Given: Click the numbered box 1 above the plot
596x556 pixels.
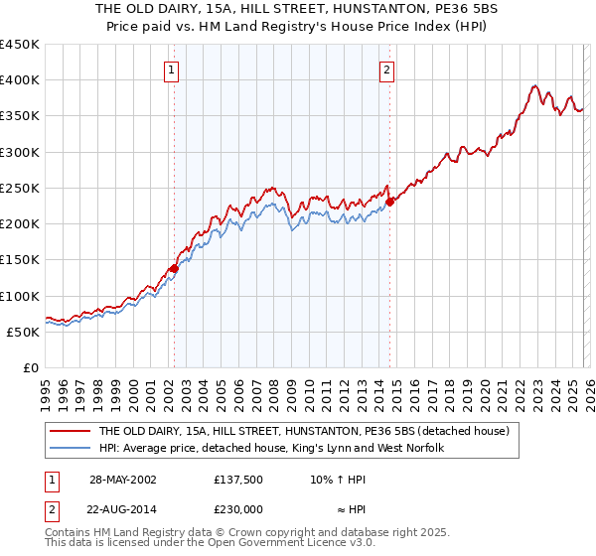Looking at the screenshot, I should (173, 69).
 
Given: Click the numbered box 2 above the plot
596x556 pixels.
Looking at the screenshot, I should (385, 69).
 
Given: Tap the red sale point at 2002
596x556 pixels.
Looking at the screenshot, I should (174, 268).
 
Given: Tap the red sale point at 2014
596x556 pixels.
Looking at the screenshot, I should (389, 202).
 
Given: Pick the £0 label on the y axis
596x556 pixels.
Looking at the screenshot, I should (32, 367).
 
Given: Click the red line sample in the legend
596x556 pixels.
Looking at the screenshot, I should (70, 432).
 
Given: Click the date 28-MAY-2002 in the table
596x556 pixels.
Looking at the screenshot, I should (124, 478).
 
